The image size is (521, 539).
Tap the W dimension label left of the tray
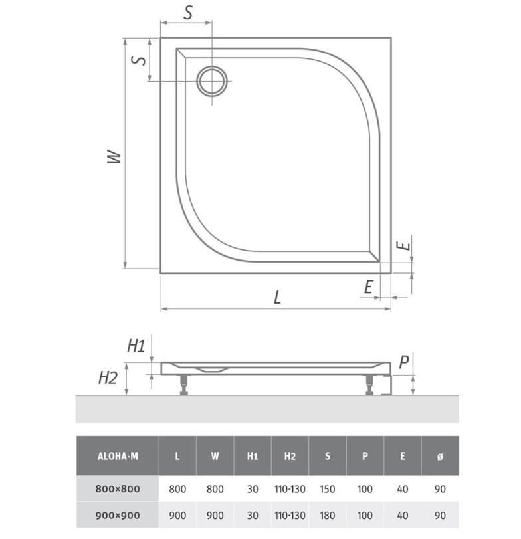[x=114, y=157]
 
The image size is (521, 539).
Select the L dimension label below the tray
[x=277, y=297]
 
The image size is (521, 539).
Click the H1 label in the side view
[x=136, y=346]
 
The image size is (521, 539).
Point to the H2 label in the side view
[x=108, y=377]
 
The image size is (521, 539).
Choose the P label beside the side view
[x=404, y=362]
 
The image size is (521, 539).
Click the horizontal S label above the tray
[x=188, y=13]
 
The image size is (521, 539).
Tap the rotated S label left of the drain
[x=139, y=60]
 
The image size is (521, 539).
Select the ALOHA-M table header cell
[x=118, y=456]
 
